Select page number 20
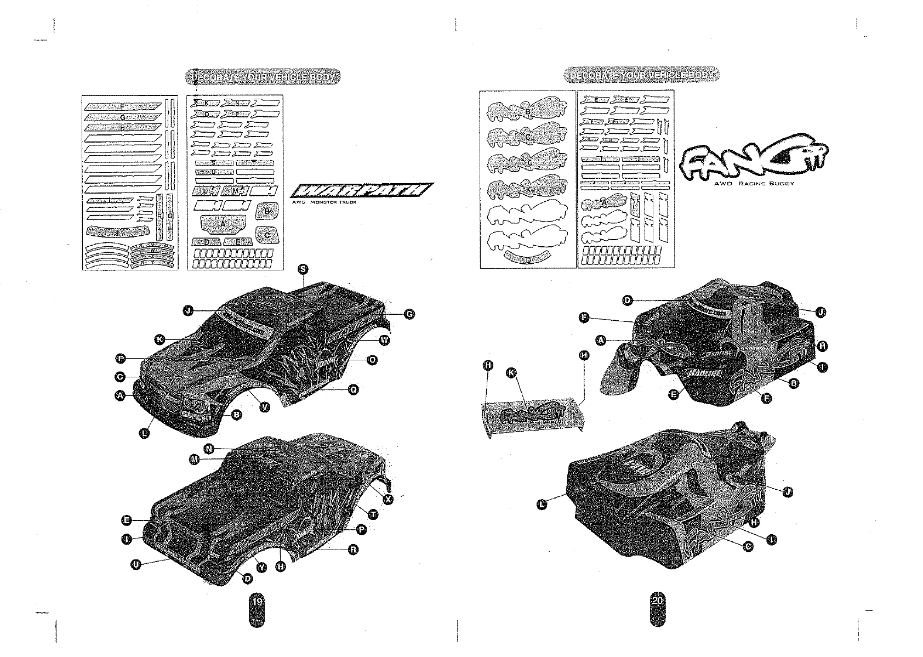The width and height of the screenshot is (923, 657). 657,601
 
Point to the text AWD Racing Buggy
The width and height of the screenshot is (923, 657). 754,183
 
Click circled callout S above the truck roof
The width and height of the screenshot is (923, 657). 303,269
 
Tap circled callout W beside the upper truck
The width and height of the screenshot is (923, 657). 384,341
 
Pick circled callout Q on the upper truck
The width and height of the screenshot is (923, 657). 354,389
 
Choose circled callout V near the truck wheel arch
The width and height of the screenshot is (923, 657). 265,407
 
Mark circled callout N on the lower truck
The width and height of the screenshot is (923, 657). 208,449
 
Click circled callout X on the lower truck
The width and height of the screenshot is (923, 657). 389,500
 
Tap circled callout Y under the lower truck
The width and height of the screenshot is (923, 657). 261,567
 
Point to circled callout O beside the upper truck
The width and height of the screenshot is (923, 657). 372,360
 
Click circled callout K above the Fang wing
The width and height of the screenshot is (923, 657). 511,373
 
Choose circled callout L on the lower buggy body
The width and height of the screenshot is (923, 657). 542,504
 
